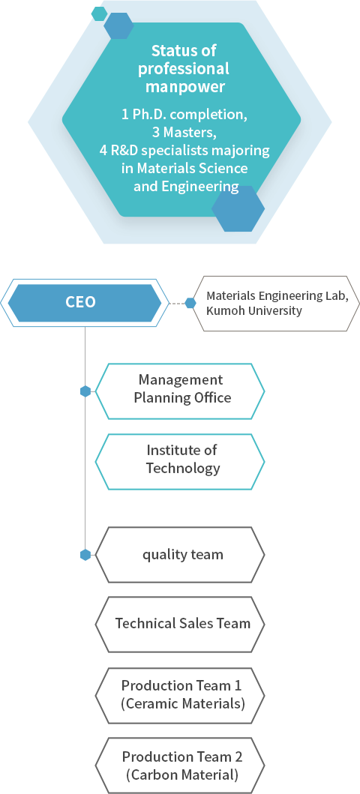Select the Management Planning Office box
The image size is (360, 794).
pos(180,391)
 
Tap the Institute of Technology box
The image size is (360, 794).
pos(180,462)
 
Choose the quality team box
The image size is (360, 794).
pos(180,555)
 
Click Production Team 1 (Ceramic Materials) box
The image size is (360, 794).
pos(180,695)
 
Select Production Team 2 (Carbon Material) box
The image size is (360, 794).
pos(180,766)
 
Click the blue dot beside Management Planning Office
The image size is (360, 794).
pos(85,391)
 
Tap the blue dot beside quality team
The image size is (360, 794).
pos(85,555)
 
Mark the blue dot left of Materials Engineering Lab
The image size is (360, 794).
pos(190,303)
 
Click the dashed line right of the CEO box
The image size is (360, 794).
pos(177,304)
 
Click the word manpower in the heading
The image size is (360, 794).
pos(185,86)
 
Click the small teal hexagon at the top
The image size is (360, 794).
pos(99,13)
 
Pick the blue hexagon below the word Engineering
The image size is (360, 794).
pos(238,208)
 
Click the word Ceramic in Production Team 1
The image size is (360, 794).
pos(151,704)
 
